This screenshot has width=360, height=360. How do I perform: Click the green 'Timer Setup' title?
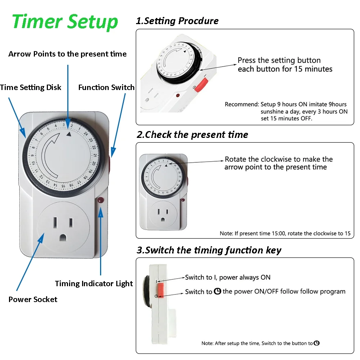(65, 22)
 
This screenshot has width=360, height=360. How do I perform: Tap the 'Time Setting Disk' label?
(31, 87)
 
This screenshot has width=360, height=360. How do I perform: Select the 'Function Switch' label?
(106, 87)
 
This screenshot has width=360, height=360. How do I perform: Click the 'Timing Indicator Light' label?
(94, 284)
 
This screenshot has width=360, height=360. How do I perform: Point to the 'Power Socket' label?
(33, 300)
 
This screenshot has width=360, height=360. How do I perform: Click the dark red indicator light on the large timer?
(100, 200)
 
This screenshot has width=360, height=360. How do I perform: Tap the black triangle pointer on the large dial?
(69, 134)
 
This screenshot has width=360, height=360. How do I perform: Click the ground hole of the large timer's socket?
(63, 237)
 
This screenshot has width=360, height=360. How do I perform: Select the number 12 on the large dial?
(41, 177)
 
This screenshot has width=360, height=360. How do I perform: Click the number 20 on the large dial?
(94, 163)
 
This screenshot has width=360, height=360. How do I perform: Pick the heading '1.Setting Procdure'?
(177, 21)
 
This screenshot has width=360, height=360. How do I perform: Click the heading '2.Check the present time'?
(192, 135)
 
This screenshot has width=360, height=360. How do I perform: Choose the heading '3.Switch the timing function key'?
(209, 250)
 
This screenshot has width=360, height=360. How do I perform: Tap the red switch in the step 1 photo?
(201, 85)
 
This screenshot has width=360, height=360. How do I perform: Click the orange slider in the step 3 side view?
(160, 291)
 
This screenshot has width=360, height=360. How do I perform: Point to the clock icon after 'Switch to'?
(217, 291)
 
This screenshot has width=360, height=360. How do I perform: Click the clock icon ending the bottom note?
(316, 343)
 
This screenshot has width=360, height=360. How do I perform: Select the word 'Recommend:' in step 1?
(242, 104)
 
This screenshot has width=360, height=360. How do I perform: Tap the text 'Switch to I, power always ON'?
(228, 277)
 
